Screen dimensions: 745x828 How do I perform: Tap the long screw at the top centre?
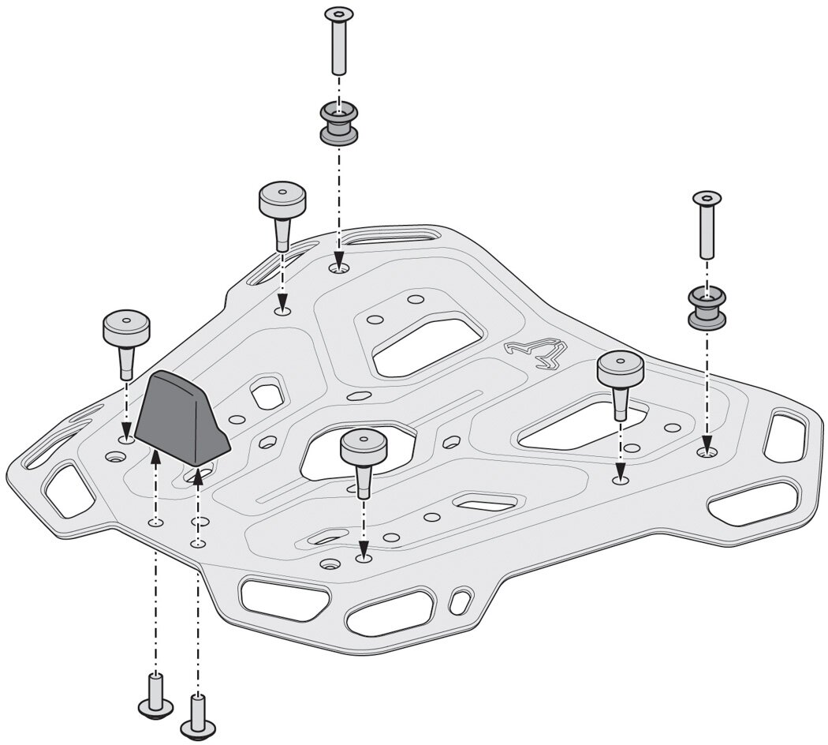pos(338,39)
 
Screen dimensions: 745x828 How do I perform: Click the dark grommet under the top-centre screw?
pos(338,124)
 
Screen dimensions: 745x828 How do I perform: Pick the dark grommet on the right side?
pos(707,308)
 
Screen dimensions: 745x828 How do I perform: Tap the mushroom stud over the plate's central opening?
pos(363,458)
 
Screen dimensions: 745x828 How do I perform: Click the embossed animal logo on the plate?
pos(539,351)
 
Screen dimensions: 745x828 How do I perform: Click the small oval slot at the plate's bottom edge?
pos(457,604)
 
